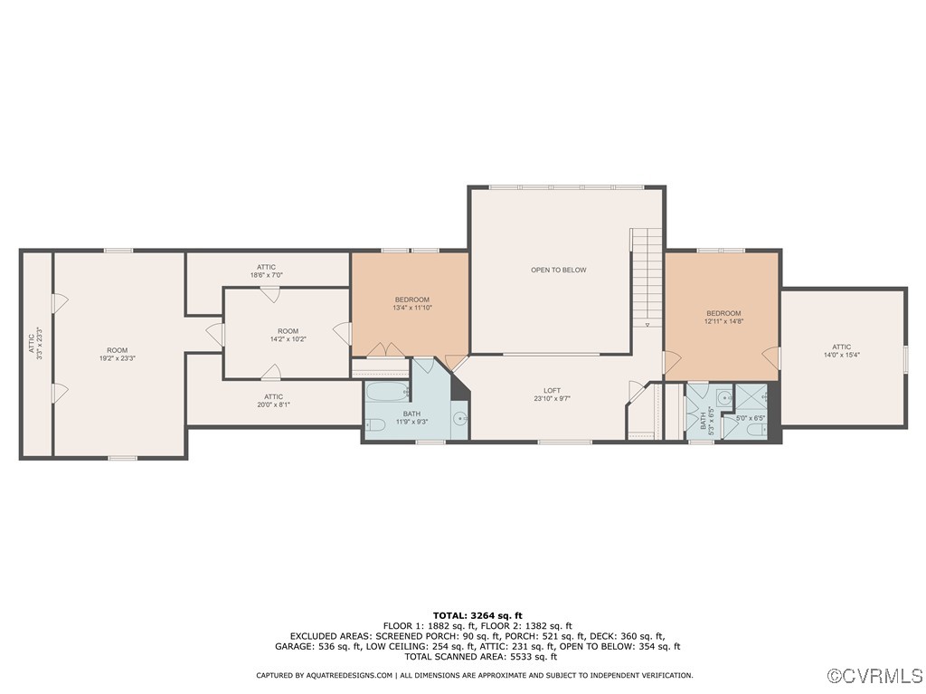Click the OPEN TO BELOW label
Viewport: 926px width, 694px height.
[558, 270]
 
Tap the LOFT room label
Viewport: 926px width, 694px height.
[552, 394]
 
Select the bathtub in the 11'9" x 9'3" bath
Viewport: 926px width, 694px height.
[388, 393]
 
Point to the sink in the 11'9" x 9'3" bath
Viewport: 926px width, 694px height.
[458, 418]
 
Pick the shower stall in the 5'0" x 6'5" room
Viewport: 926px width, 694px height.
[751, 396]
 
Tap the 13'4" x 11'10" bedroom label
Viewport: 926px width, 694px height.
[411, 303]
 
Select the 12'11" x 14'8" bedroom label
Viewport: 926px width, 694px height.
[723, 317]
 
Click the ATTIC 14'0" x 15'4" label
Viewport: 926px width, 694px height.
[841, 350]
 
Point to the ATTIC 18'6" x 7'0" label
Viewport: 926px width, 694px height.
[266, 271]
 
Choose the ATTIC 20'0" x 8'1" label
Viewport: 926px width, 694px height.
[273, 401]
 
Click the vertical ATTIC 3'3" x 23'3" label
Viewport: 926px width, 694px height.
[34, 344]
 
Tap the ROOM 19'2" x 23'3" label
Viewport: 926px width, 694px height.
[117, 354]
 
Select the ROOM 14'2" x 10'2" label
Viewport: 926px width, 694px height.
[288, 335]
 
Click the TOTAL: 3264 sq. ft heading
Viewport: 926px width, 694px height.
[477, 615]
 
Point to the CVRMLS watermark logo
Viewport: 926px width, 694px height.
[875, 676]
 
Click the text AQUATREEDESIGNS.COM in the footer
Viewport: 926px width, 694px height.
[348, 675]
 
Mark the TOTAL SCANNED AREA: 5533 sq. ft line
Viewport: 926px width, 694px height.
[477, 657]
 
